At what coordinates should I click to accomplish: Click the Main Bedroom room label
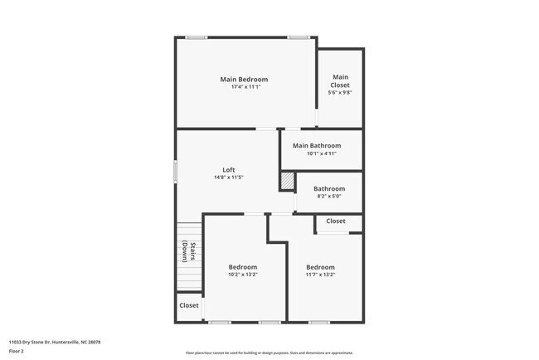(x=244, y=80)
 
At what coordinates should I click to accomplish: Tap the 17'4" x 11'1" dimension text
(x=244, y=87)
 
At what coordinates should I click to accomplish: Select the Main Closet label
(x=340, y=81)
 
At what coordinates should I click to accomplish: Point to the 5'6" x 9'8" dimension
(x=340, y=93)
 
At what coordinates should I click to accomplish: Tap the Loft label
(x=229, y=170)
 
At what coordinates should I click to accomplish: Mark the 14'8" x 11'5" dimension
(x=229, y=178)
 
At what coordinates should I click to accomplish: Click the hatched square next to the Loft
(x=287, y=181)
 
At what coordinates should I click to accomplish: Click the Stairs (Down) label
(x=190, y=251)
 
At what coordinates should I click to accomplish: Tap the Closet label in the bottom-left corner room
(x=189, y=305)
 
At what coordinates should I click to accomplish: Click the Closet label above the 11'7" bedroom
(x=336, y=221)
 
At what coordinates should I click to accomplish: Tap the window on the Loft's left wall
(x=175, y=171)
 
